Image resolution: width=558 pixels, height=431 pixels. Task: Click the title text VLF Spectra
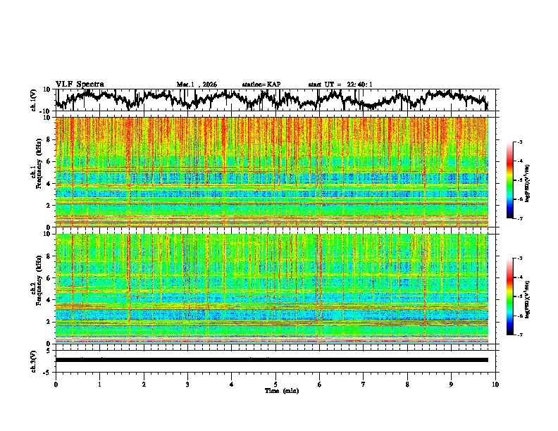pyautogui.click(x=80, y=84)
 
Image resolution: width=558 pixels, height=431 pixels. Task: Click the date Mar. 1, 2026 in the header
pyautogui.click(x=197, y=85)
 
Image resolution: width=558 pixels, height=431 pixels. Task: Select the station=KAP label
pyautogui.click(x=261, y=85)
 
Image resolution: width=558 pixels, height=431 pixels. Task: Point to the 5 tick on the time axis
pyautogui.click(x=275, y=384)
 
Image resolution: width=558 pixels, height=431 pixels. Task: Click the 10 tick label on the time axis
pyautogui.click(x=495, y=384)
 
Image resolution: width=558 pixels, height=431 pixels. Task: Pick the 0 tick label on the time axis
pyautogui.click(x=56, y=384)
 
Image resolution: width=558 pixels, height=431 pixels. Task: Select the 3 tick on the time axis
pyautogui.click(x=187, y=384)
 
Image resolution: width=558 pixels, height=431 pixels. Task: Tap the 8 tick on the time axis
pyautogui.click(x=407, y=384)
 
